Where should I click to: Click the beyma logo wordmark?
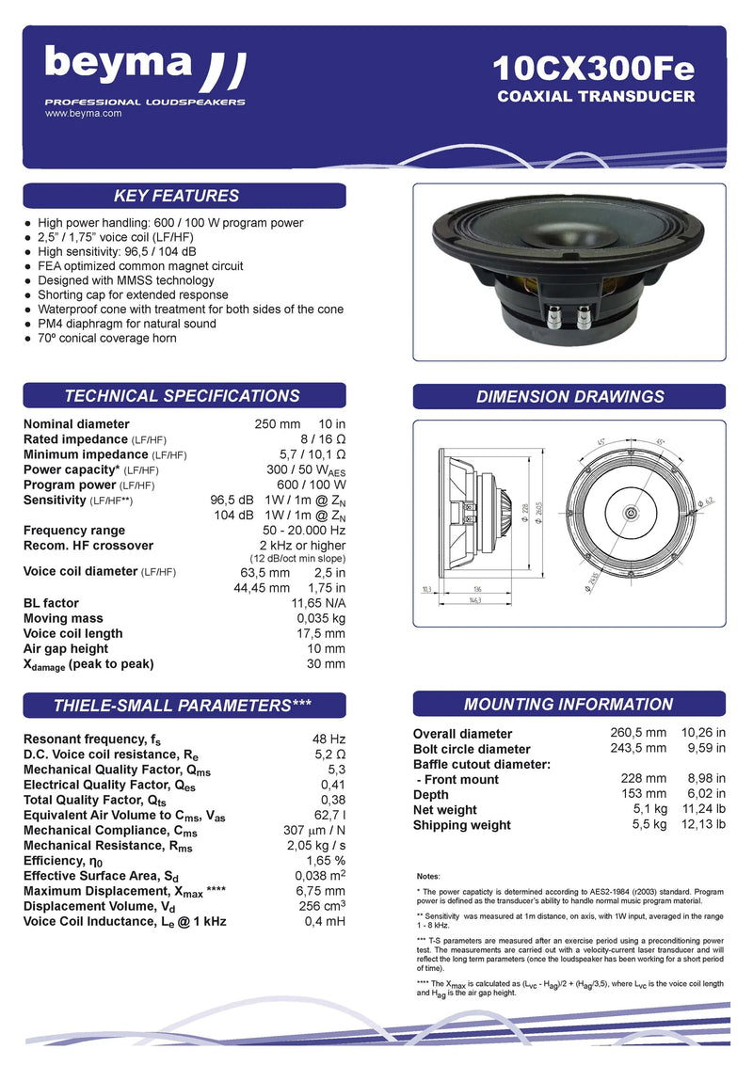click(119, 64)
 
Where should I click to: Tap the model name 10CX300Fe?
click(594, 69)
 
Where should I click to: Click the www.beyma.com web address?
click(84, 113)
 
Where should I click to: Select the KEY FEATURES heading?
click(176, 196)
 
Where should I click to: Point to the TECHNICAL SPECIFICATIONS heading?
click(182, 396)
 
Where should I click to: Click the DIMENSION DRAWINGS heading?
click(569, 396)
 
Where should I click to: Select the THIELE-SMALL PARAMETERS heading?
click(184, 705)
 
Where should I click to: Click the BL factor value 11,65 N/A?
click(318, 603)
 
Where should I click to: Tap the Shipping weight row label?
click(461, 825)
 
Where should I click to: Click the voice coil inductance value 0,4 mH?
click(327, 921)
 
